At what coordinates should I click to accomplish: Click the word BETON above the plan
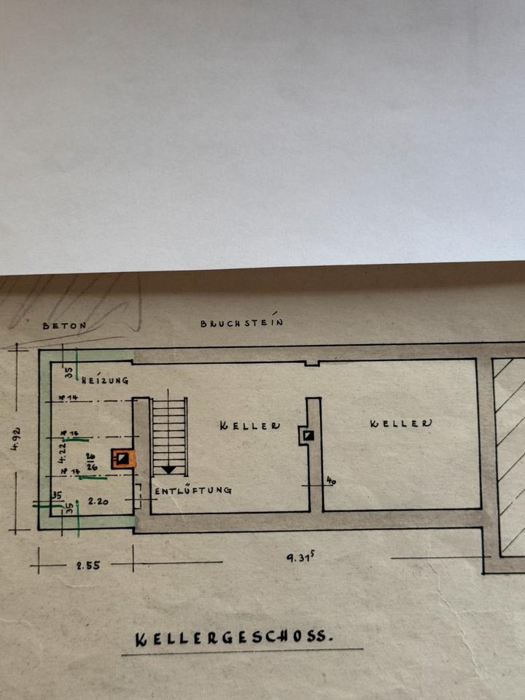click(64, 326)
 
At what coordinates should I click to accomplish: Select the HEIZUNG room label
click(106, 380)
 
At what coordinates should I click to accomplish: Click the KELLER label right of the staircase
click(249, 425)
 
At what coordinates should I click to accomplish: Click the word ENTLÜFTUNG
click(193, 491)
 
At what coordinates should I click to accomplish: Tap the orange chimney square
click(123, 458)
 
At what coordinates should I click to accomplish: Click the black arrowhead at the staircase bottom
click(170, 470)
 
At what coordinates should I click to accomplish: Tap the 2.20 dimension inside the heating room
click(98, 502)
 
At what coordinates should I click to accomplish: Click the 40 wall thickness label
click(330, 481)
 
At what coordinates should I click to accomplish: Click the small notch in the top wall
click(311, 362)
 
